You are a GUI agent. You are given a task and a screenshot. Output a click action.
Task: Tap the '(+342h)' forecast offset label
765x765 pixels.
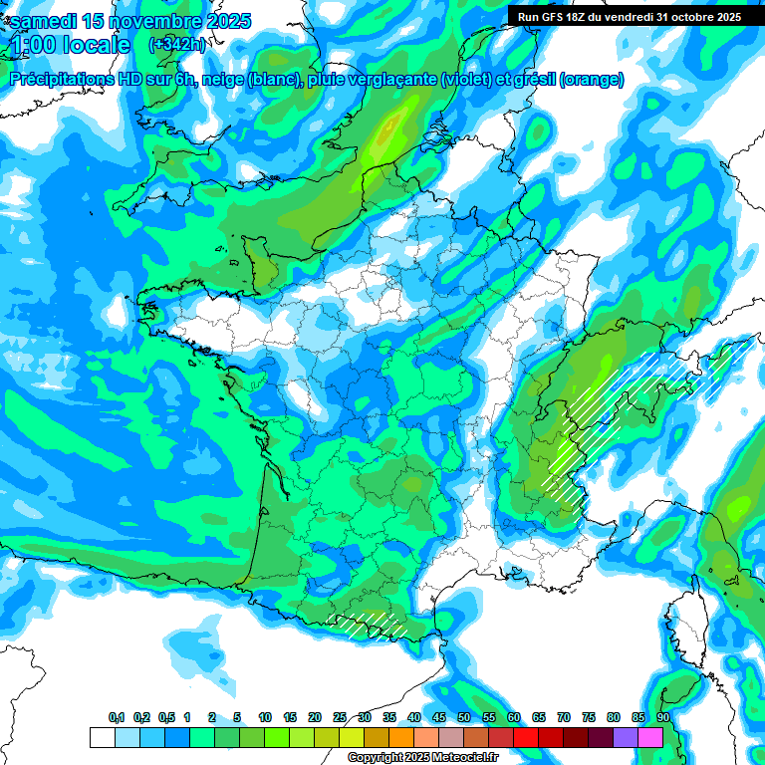pyautogui.click(x=176, y=45)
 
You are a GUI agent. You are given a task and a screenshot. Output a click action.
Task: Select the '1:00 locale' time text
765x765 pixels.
pyautogui.click(x=70, y=46)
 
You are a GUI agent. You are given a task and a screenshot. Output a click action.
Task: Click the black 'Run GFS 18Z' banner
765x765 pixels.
pyautogui.click(x=629, y=17)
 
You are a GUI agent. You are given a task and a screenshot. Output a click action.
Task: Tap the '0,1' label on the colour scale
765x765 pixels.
pyautogui.click(x=116, y=718)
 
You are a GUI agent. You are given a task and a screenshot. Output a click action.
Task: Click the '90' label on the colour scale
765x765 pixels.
pyautogui.click(x=662, y=718)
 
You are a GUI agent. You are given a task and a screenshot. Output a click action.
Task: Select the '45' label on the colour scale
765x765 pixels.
pyautogui.click(x=439, y=718)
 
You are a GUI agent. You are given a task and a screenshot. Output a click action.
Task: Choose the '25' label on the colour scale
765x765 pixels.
pyautogui.click(x=340, y=718)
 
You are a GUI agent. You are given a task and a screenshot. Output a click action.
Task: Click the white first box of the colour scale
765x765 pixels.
pyautogui.click(x=102, y=737)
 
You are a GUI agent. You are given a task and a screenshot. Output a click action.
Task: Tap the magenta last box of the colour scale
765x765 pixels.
pyautogui.click(x=649, y=737)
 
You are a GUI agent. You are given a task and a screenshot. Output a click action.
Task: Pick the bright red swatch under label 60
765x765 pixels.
pyautogui.click(x=525, y=737)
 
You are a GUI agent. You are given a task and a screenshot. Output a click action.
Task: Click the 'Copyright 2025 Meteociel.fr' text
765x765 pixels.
pyautogui.click(x=422, y=757)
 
